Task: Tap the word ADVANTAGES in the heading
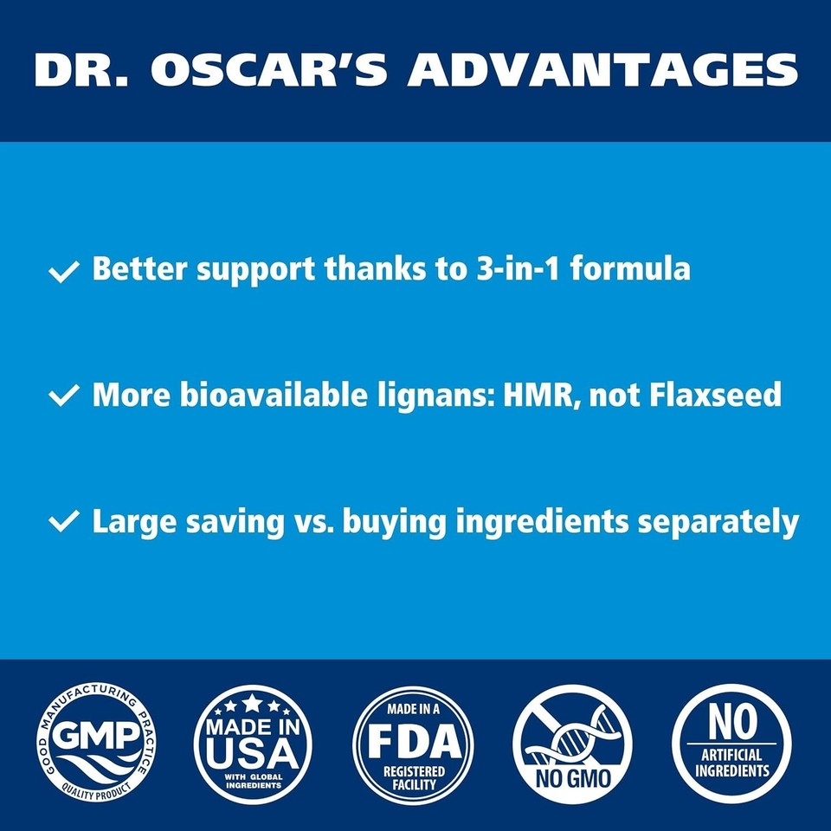tap(603, 70)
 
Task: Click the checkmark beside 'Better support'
tap(64, 271)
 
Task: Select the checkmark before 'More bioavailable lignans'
tap(64, 396)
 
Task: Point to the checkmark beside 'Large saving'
tap(64, 522)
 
